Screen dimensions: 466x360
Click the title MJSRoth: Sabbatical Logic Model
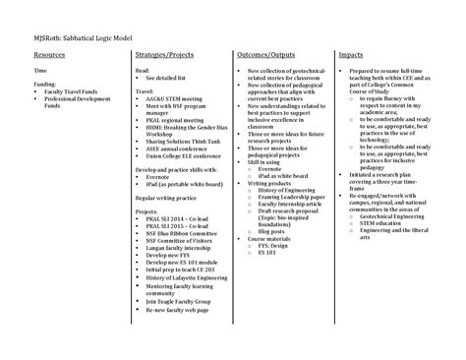coord(67,37)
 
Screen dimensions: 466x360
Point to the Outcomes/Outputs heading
coord(267,56)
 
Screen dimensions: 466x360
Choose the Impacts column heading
coord(352,56)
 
